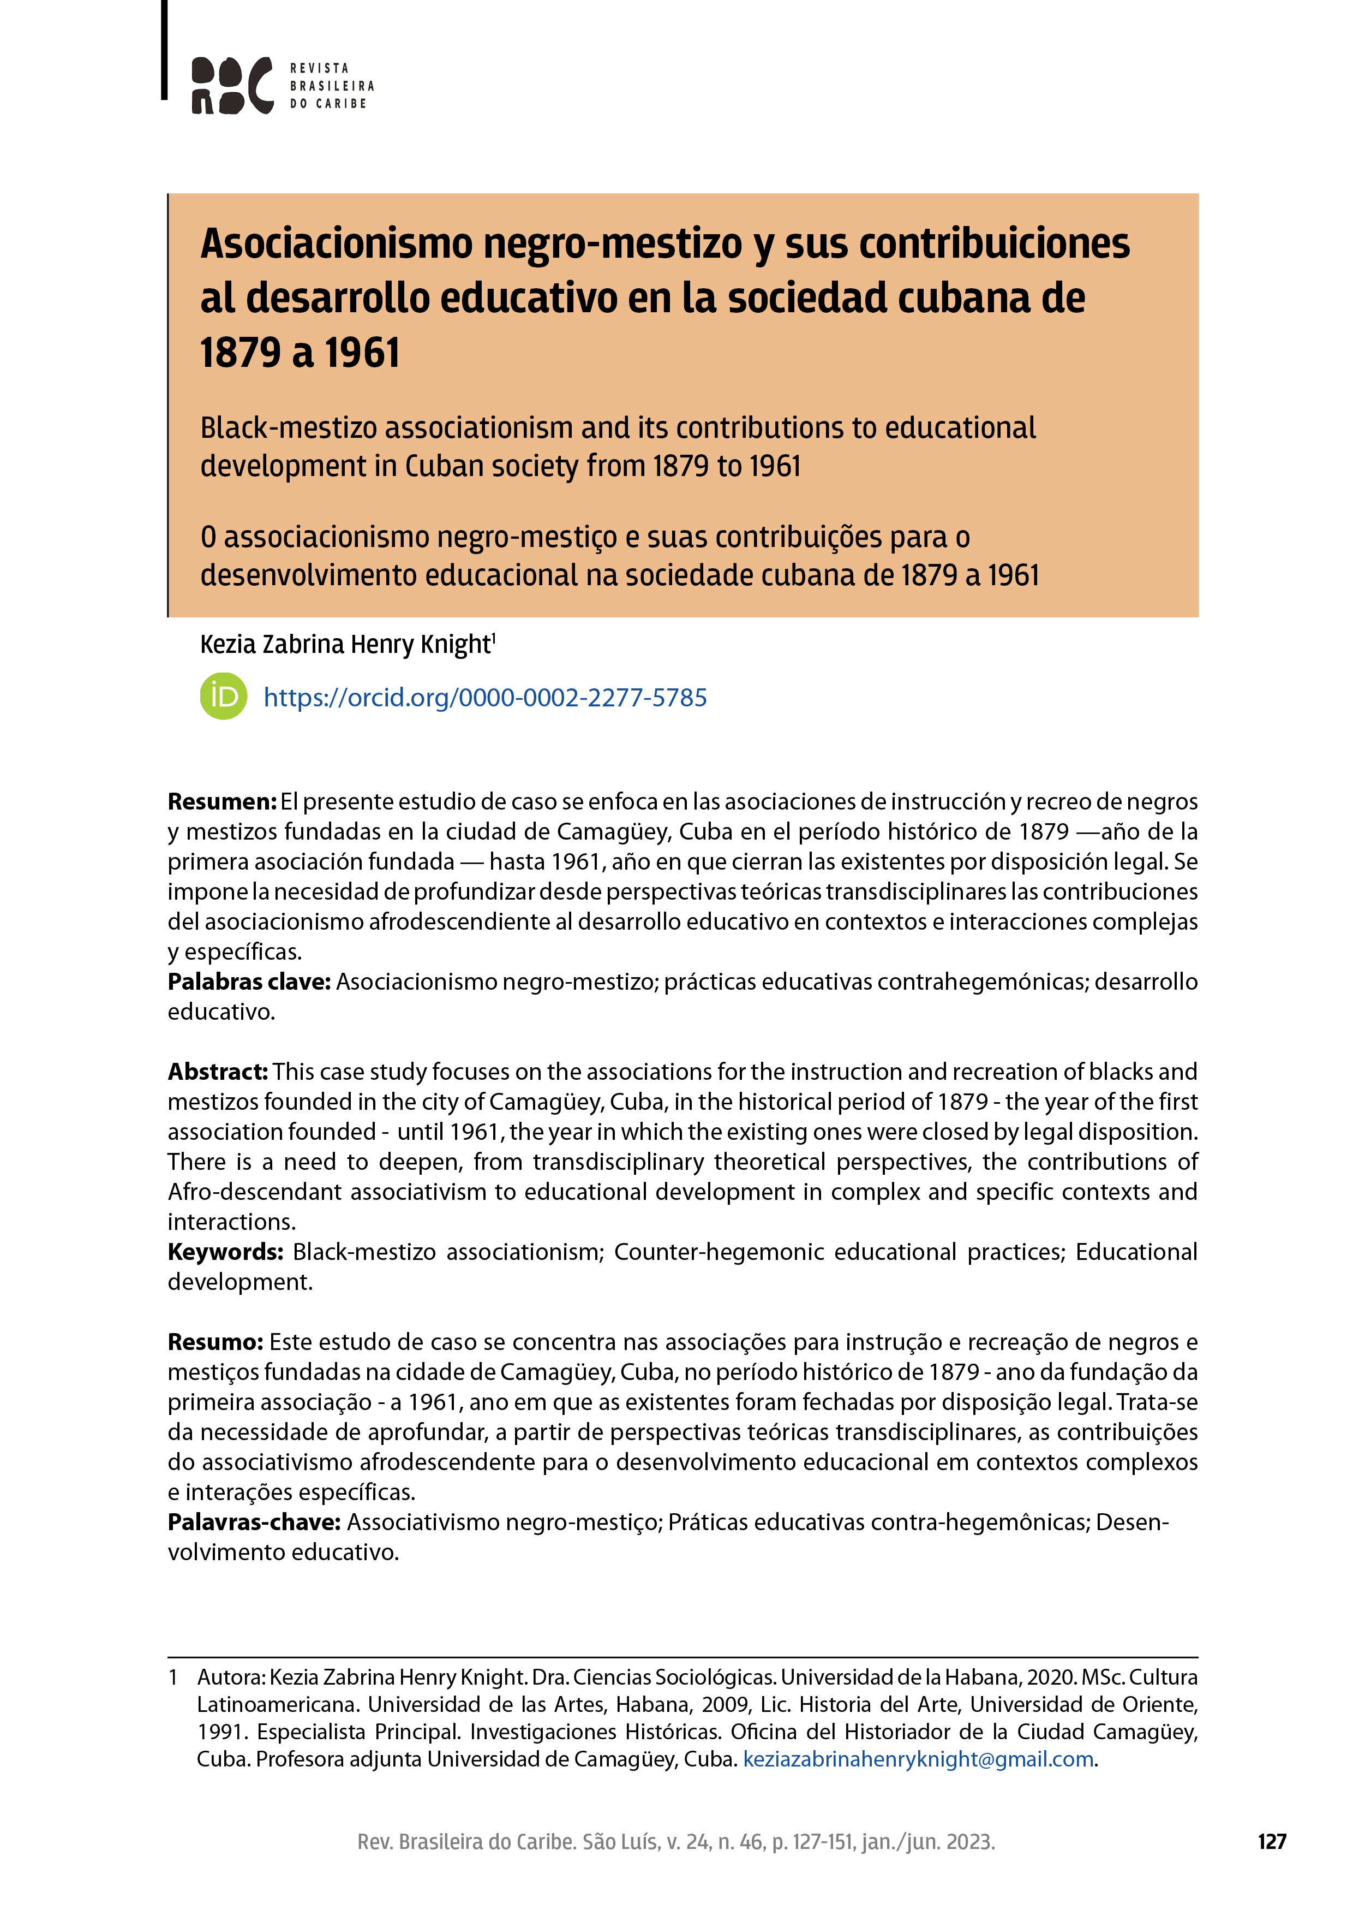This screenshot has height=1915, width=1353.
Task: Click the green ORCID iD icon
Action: pyautogui.click(x=224, y=697)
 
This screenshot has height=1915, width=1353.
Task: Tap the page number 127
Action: pyautogui.click(x=1271, y=1842)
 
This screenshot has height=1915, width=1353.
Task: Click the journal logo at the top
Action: pyautogui.click(x=232, y=85)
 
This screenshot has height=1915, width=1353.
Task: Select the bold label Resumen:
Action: pyautogui.click(x=221, y=801)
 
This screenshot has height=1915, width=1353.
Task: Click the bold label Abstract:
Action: pyautogui.click(x=218, y=1072)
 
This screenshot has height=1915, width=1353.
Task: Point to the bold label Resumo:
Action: pyautogui.click(x=215, y=1342)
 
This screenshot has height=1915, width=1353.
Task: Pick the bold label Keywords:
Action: pyautogui.click(x=225, y=1252)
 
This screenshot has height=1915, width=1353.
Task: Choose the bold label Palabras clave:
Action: pyautogui.click(x=249, y=982)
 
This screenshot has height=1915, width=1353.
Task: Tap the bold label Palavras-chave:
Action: pyautogui.click(x=254, y=1522)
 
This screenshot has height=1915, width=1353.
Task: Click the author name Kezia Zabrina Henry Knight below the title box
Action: pyautogui.click(x=346, y=645)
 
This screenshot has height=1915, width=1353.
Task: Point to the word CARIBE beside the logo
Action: pyautogui.click(x=341, y=103)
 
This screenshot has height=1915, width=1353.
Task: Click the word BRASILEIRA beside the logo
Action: pyautogui.click(x=332, y=86)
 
